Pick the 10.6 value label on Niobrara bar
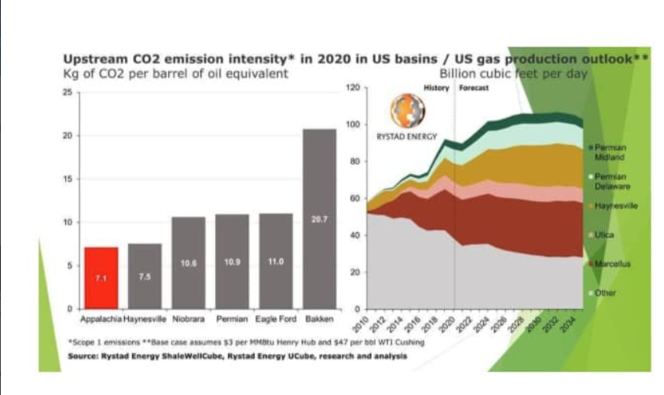189,263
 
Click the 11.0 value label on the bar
275,261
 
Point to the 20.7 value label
319,220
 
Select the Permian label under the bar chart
232,319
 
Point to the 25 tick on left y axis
68,92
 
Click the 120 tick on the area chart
353,88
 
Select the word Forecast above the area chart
474,88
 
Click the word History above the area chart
436,88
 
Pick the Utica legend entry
604,234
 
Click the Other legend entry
605,293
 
